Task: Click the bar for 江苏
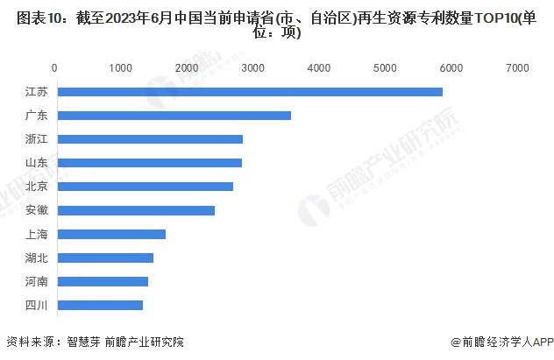coord(249,92)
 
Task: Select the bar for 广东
coord(173,116)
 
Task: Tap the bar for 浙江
coord(149,139)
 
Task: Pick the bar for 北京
coord(144,187)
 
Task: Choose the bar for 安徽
coord(135,210)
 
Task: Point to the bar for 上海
coord(110,234)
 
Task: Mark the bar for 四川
coord(99,305)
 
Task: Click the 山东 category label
coord(37,163)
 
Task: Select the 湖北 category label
coord(37,258)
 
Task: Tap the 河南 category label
coord(37,281)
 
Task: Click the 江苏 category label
coord(37,92)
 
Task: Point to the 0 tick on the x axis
coord(55,67)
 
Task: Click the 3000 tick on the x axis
coord(252,67)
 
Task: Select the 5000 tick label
coord(385,67)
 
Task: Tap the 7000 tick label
coord(517,67)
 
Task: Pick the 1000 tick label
coord(121,67)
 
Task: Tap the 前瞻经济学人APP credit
coord(504,342)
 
